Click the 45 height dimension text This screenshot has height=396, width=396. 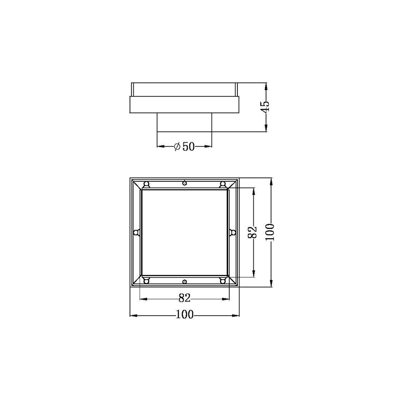coord(265,107)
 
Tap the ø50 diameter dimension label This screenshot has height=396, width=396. coord(184,146)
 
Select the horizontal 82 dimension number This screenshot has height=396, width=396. coord(184,298)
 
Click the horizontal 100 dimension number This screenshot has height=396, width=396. coord(184,315)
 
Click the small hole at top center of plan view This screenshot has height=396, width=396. coord(185,183)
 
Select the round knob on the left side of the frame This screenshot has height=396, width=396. coord(136,232)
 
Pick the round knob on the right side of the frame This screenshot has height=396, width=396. coord(233,232)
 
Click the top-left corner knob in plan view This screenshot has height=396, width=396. coord(146,184)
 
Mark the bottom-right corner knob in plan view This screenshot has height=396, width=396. coord(223,280)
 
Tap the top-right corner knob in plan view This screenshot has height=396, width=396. coord(223,184)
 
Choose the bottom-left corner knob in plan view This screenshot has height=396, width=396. coord(146,280)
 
